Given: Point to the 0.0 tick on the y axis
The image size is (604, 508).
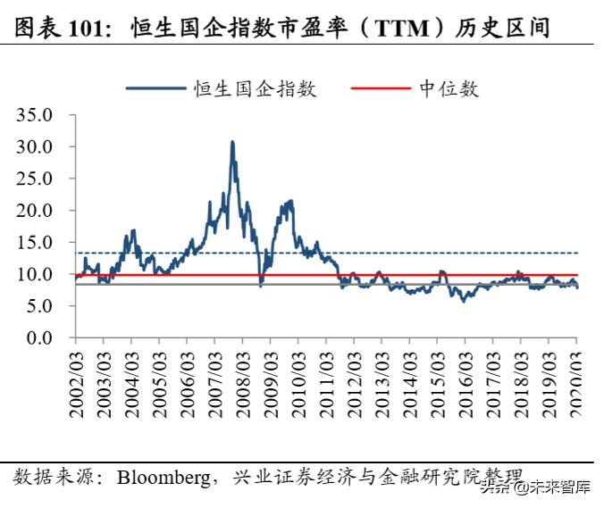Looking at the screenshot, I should pos(40,338).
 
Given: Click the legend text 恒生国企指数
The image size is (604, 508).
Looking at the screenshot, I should pos(254,88).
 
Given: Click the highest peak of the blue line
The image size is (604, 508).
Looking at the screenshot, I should pos(232,142).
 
